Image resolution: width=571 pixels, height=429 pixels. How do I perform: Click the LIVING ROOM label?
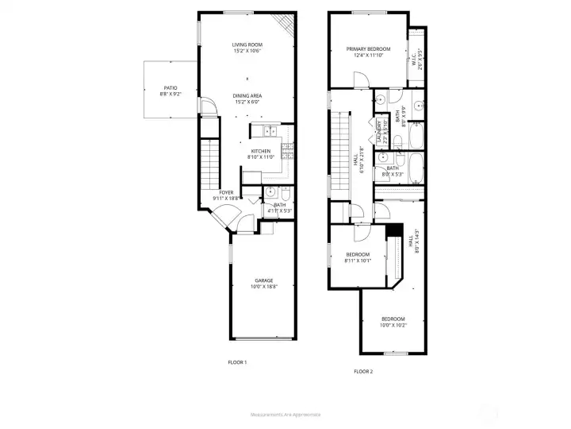[247, 44]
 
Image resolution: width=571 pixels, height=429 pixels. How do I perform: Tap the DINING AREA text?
[247, 95]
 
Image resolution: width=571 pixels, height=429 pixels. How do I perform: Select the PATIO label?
[171, 88]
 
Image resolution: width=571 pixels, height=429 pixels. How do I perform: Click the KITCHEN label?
[261, 151]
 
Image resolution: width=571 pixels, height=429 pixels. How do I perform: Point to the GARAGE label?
[264, 280]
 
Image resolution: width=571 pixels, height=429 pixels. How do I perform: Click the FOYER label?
[226, 193]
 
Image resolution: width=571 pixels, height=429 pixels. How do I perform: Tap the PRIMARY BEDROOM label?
[364, 49]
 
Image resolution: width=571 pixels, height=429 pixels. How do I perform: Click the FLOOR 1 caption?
[237, 362]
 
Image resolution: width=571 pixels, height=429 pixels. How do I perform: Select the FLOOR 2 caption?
[363, 371]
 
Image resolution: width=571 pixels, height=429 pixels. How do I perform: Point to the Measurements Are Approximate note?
[285, 414]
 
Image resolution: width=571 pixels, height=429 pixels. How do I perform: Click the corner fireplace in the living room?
[285, 24]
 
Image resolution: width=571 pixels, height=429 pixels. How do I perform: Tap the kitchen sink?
[268, 130]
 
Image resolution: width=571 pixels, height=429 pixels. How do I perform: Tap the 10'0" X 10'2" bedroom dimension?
[393, 324]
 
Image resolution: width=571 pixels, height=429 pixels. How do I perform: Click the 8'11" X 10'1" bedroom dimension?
[358, 260]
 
